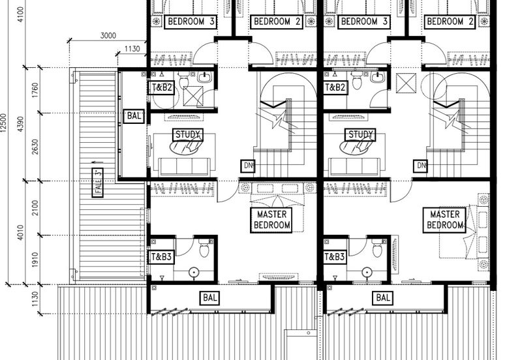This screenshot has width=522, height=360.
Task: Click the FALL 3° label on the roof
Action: [97, 183]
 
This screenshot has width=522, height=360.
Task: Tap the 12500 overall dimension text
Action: [3, 123]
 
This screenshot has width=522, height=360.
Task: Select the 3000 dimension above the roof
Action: [108, 35]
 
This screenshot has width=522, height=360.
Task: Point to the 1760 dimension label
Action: [35, 91]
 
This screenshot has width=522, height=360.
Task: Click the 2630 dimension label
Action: [35, 147]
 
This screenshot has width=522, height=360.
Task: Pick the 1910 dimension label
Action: [35, 260]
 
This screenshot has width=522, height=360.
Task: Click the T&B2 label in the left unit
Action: [161, 88]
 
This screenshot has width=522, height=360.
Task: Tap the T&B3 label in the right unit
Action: [334, 257]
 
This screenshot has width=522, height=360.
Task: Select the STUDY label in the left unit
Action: [188, 135]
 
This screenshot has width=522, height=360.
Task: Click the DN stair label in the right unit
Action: [421, 166]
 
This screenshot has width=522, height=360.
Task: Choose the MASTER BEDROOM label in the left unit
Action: [271, 220]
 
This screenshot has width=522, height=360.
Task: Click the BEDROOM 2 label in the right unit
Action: [450, 22]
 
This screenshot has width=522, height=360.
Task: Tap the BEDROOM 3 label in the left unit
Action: [191, 22]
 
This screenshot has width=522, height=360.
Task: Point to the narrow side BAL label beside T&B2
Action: [134, 116]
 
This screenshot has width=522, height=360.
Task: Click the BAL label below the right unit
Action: [383, 298]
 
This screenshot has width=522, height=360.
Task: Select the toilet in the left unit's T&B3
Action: [204, 248]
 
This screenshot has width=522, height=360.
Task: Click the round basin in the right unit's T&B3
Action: [367, 272]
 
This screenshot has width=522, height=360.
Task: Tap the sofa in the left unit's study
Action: [184, 167]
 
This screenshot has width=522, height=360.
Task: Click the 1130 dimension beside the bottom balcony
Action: [35, 299]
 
